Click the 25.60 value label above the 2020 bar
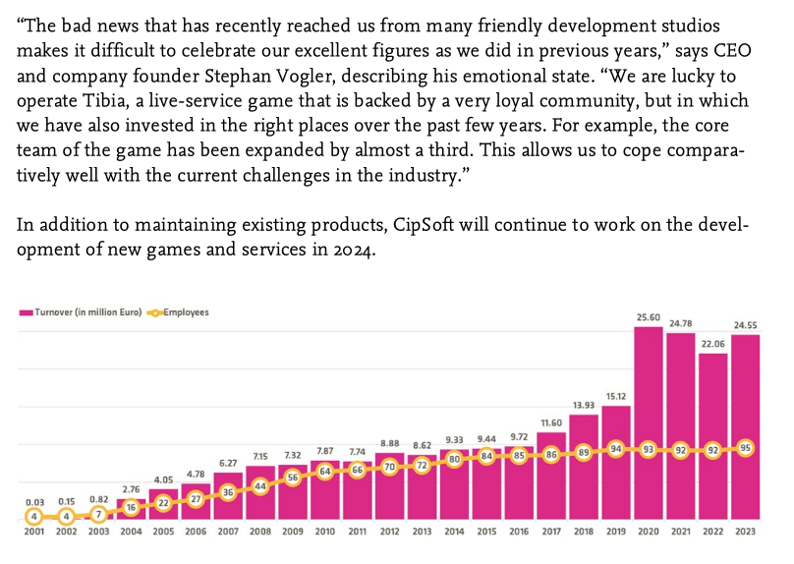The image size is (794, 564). pos(647,317)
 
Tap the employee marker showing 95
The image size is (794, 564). pos(744,447)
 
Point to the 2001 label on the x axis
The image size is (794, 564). pos(34,532)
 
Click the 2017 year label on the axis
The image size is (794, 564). pos(550,532)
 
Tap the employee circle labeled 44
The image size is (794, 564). pos(260,486)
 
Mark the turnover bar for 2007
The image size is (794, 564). pos(228,496)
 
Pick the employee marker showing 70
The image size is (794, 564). pos(389,468)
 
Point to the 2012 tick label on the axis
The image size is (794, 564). pos(389,532)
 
